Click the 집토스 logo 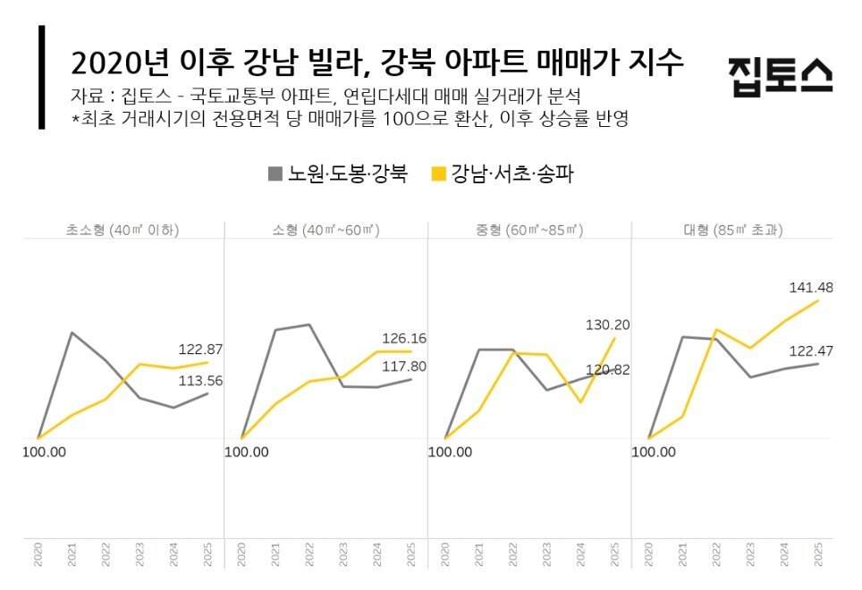click(x=780, y=75)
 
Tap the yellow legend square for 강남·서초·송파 click(x=438, y=173)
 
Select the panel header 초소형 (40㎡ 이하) click(x=123, y=230)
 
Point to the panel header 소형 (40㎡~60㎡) click(x=325, y=230)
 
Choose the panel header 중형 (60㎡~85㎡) click(x=530, y=230)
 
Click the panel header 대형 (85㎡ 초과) click(x=733, y=230)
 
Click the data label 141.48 click(x=811, y=287)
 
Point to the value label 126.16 click(x=404, y=339)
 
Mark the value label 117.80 click(x=404, y=366)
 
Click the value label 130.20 click(x=607, y=324)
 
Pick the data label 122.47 click(x=811, y=351)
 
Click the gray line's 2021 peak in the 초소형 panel click(x=72, y=333)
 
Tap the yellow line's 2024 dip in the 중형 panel click(x=581, y=402)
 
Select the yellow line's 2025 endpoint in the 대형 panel click(x=818, y=300)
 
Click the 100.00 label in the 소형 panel click(x=247, y=451)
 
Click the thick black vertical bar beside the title click(x=41, y=77)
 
